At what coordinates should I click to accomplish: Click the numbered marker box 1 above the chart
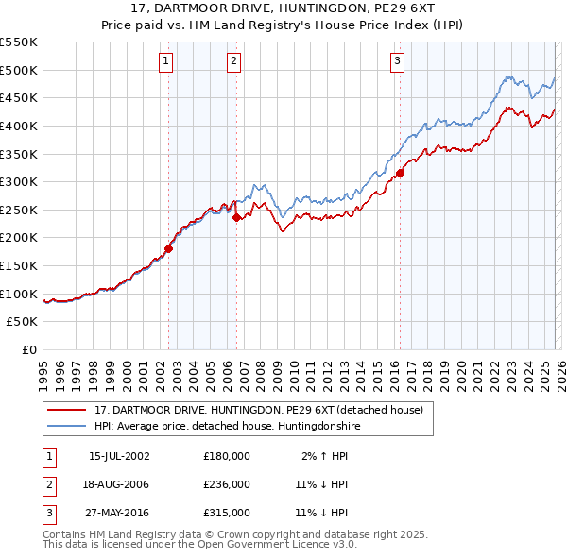165,62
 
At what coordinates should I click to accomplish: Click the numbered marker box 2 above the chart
233,62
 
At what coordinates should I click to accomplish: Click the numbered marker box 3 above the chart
397,62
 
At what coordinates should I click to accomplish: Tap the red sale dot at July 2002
169,249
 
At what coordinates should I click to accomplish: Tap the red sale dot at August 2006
236,217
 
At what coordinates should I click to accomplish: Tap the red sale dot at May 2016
400,173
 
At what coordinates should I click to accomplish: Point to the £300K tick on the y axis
19,181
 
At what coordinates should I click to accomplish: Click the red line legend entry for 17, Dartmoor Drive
265,410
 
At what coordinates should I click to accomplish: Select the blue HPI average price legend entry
228,427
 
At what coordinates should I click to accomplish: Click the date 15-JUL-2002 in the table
118,455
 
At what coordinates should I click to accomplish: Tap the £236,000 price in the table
227,484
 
